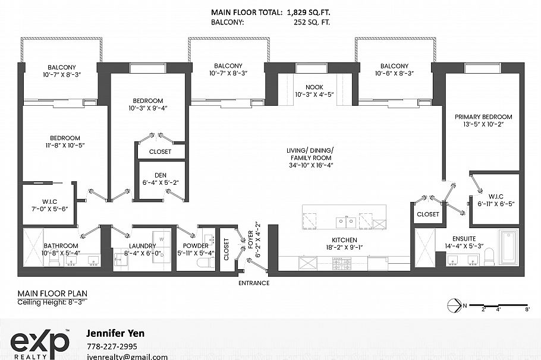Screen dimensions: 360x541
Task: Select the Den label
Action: (161, 175)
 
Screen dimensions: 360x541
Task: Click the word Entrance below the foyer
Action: (253, 283)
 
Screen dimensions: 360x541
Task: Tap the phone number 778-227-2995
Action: (112, 346)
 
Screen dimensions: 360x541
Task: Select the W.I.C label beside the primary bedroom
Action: (496, 197)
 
